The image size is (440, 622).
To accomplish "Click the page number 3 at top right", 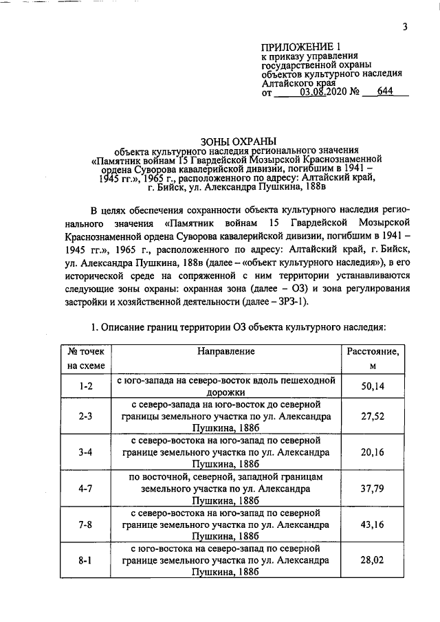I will point(406,27).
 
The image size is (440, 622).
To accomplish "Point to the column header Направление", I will point(226,351).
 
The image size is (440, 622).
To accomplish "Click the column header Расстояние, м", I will point(375,358).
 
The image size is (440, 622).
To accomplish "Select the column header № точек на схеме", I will point(85,358).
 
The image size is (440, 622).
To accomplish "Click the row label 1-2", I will point(85,386).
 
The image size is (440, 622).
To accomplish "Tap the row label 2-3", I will point(85,416).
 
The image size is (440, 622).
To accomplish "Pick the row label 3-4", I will point(85,452).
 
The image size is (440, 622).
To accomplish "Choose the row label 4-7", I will point(85,489).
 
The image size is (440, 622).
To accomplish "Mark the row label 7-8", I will point(85,525).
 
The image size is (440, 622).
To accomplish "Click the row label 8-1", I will point(85,562).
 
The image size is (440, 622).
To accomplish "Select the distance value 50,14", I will point(375,386).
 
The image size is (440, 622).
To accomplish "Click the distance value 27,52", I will point(375,416).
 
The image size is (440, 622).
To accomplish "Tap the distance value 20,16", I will point(375,452).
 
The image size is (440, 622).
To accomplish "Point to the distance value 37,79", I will point(375,489).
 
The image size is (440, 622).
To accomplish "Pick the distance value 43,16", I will point(375,525).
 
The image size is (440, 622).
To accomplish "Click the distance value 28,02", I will point(375,562).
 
